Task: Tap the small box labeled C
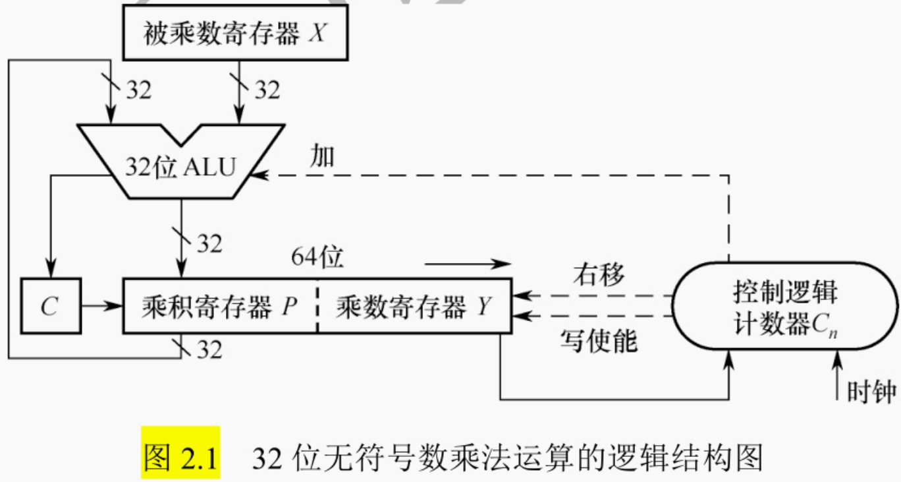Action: pos(50,307)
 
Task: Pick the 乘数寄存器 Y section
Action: pos(414,307)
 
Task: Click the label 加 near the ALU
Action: pos(323,157)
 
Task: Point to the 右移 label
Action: pos(598,274)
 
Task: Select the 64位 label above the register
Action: pos(317,258)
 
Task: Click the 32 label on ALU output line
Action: pos(209,244)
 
